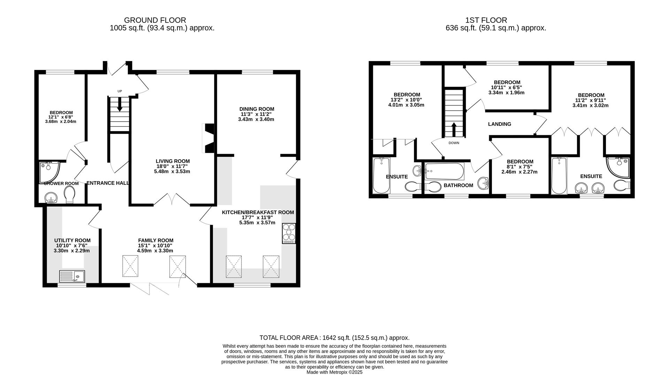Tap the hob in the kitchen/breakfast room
289,233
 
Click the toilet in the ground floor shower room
70,194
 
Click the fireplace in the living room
208,138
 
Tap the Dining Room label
256,109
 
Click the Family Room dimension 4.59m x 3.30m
155,251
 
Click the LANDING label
499,124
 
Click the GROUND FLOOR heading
155,20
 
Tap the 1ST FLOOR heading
486,20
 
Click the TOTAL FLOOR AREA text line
334,338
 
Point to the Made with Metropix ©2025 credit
334,372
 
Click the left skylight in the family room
131,266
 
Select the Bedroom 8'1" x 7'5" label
520,162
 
